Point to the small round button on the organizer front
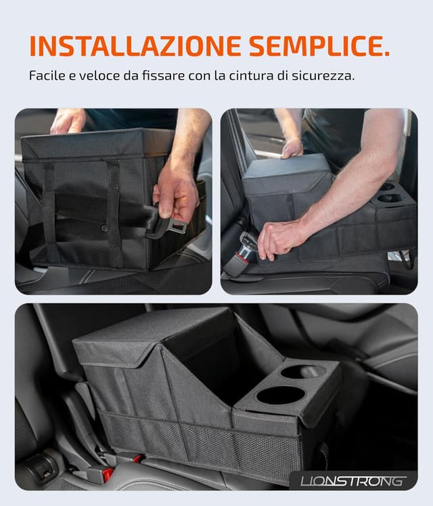point(104,228)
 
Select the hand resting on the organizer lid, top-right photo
point(292,148)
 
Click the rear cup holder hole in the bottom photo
point(302,371)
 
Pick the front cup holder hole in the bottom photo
point(281,395)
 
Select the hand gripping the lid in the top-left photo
point(68,121)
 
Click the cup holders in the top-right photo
point(391,193)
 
